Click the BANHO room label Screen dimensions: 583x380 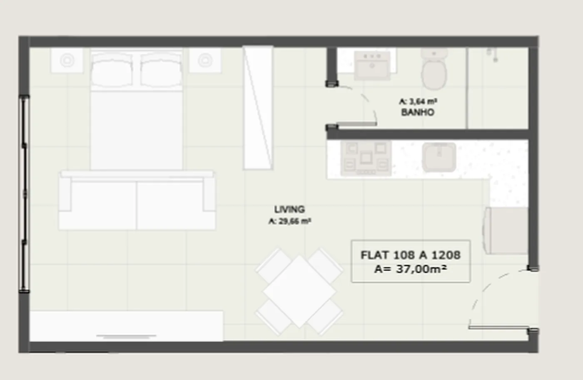[418, 112]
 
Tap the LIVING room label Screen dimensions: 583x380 [289, 209]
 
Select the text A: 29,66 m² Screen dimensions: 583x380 [290, 221]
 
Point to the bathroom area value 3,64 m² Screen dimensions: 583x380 [423, 101]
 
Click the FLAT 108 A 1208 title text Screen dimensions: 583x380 [411, 255]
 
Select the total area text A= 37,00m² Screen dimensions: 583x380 [411, 269]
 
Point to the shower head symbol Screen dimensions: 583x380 [493, 55]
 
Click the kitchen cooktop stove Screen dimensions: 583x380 [366, 158]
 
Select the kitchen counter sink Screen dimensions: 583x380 [439, 157]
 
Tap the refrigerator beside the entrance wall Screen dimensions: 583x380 [506, 231]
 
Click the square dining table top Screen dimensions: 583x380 [299, 291]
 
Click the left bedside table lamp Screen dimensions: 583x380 [67, 60]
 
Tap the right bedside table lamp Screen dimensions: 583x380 [205, 60]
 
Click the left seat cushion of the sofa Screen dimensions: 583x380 [103, 205]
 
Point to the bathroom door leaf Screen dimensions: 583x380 [356, 124]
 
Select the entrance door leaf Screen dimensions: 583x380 [499, 328]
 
